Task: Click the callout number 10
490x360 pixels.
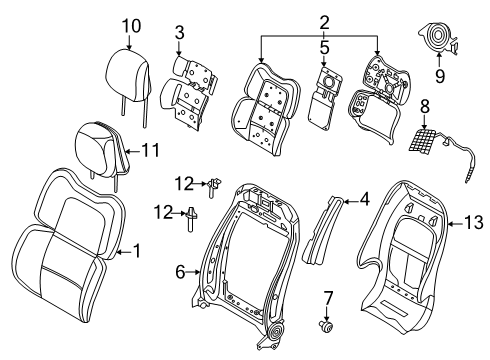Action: click(x=131, y=24)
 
